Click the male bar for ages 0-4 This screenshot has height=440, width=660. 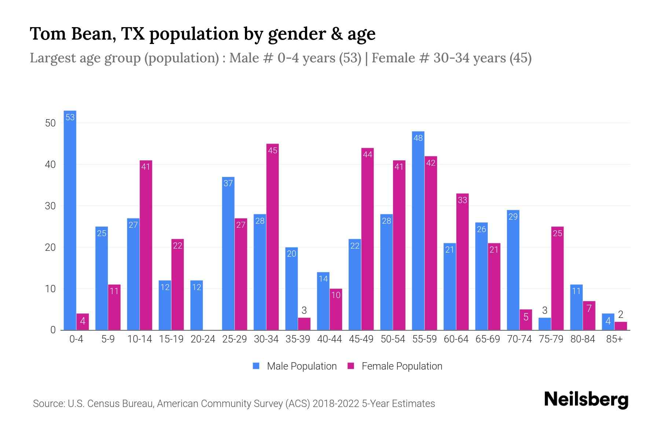pyautogui.click(x=70, y=220)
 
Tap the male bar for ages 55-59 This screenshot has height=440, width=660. pyautogui.click(x=418, y=231)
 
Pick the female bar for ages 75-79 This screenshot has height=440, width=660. pyautogui.click(x=557, y=278)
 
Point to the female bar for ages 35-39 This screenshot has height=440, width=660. pyautogui.click(x=304, y=324)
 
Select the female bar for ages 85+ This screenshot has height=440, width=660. pyautogui.click(x=621, y=326)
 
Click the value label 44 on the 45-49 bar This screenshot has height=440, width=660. pyautogui.click(x=367, y=154)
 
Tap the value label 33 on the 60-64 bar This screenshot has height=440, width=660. pyautogui.click(x=462, y=200)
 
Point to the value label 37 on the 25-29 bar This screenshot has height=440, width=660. pyautogui.click(x=228, y=183)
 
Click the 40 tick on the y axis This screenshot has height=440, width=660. pyautogui.click(x=50, y=165)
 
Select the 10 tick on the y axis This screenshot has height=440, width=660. pyautogui.click(x=50, y=289)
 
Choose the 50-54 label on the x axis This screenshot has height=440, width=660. pyautogui.click(x=393, y=339)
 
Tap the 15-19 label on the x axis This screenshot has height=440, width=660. pyautogui.click(x=171, y=339)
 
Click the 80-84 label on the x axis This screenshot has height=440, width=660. pyautogui.click(x=583, y=339)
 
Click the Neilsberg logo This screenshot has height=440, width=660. pyautogui.click(x=586, y=400)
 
